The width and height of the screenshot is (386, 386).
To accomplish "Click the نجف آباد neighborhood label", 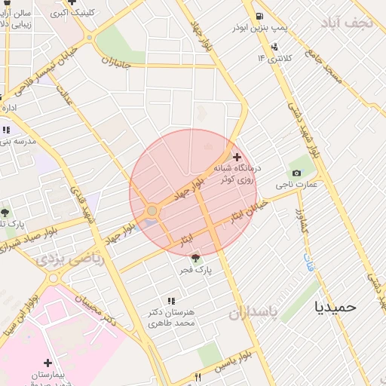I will tap(346, 22).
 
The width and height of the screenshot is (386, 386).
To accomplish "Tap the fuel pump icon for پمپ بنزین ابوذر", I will tap(259, 16).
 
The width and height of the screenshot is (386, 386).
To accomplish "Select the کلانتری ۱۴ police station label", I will tap(274, 57).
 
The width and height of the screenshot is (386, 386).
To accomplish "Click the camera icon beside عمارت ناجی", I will tap(297, 173).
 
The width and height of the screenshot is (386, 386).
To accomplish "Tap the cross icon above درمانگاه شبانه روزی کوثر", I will tap(237, 156).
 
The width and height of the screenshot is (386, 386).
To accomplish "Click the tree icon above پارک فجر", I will tap(198, 259).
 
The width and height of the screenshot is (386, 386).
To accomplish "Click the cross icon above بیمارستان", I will tap(48, 363).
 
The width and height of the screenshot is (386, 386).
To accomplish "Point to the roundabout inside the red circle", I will tap(152, 211).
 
